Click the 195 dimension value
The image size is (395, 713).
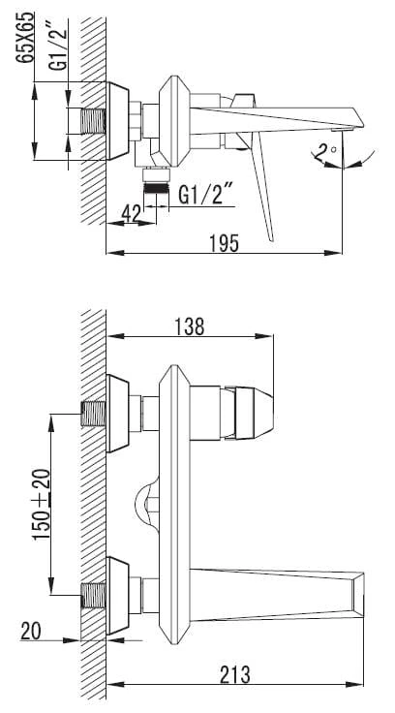pyautogui.click(x=224, y=243)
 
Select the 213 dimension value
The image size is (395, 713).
pyautogui.click(x=235, y=674)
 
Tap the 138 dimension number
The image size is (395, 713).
pyautogui.click(x=190, y=326)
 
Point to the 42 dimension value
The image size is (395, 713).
pyautogui.click(x=131, y=213)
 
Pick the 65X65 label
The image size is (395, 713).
pyautogui.click(x=25, y=37)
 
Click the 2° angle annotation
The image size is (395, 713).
pyautogui.click(x=325, y=152)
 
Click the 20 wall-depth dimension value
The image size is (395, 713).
pyautogui.click(x=30, y=632)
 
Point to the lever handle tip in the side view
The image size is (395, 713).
pyautogui.click(x=271, y=239)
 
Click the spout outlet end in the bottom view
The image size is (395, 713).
pyautogui.click(x=358, y=594)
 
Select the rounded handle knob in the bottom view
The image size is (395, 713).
pyautogui.click(x=254, y=413)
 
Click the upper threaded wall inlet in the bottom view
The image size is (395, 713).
pyautogui.click(x=94, y=414)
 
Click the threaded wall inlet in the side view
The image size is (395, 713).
pyautogui.click(x=94, y=121)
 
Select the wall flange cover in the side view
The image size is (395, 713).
pyautogui.click(x=118, y=121)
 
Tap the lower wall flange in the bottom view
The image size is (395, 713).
pyautogui.click(x=118, y=596)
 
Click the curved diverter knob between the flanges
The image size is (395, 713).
pyautogui.click(x=146, y=505)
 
